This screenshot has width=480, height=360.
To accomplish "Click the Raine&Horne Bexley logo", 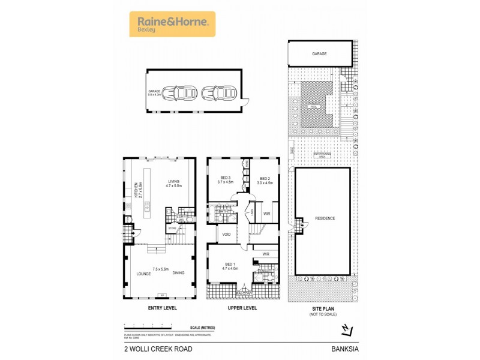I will (172, 24).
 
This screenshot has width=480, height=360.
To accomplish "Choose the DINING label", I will (178, 273).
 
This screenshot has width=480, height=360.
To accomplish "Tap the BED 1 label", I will (230, 266).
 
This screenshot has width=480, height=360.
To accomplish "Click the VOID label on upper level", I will (227, 234).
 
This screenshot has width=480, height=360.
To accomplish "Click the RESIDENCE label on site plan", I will (325, 218).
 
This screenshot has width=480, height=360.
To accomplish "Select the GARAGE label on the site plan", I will (319, 53).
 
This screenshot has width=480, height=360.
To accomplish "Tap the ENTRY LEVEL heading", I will (161, 308).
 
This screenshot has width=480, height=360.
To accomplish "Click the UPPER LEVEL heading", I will (242, 308).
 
